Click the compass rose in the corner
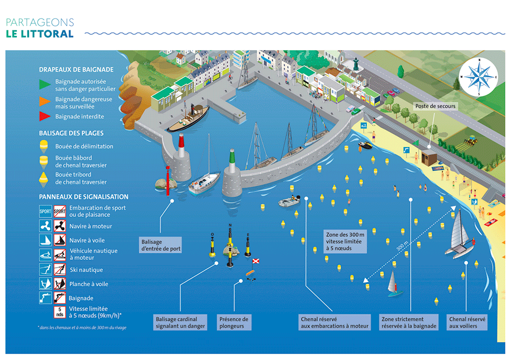tap(478, 77)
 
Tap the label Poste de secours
tap(435, 106)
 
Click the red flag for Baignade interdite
tap(45, 117)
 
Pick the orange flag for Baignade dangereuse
tap(45, 101)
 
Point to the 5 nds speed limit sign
tap(59, 312)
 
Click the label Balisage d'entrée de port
tap(161, 245)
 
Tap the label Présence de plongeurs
tap(234, 323)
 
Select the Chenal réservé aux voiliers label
tap(468, 323)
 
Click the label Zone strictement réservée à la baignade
tap(409, 323)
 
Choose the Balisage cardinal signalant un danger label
tap(176, 323)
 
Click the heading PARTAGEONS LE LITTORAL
tap(40, 28)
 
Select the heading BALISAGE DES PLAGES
tap(71, 134)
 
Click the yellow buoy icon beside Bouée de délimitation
tap(44, 146)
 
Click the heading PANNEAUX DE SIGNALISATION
tap(83, 197)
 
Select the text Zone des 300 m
tap(345, 234)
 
